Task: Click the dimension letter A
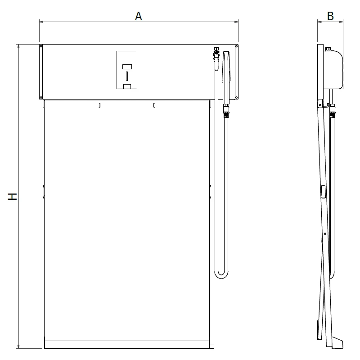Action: tap(139, 16)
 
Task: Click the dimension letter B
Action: tap(330, 16)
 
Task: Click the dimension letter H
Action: tap(13, 197)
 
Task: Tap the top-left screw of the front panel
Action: tap(41, 46)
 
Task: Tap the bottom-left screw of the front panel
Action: tap(41, 98)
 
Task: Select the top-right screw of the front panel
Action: tap(237, 46)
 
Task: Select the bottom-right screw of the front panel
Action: tap(237, 98)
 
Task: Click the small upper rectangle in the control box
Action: tap(127, 67)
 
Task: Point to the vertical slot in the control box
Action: tap(127, 76)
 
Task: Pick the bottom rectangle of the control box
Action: tap(127, 86)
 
